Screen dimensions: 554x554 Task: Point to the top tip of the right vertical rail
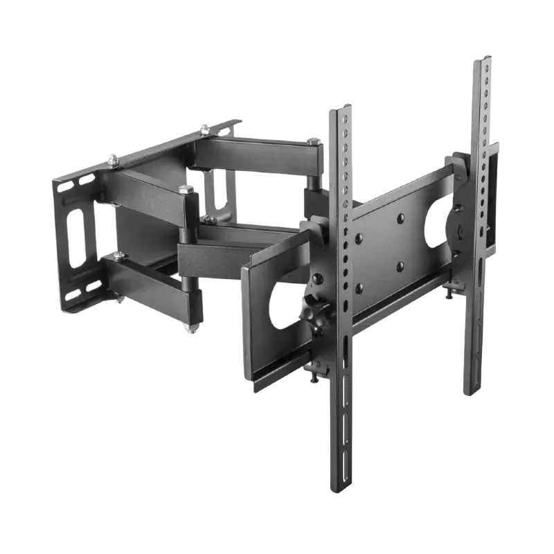click(482, 55)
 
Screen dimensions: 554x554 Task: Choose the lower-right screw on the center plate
click(401, 265)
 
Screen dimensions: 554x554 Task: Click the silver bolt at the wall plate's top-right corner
click(205, 127)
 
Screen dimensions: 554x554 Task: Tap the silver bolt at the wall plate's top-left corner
click(111, 161)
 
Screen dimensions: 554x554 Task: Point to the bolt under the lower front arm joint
click(188, 331)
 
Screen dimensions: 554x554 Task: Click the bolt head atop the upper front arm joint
click(184, 188)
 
